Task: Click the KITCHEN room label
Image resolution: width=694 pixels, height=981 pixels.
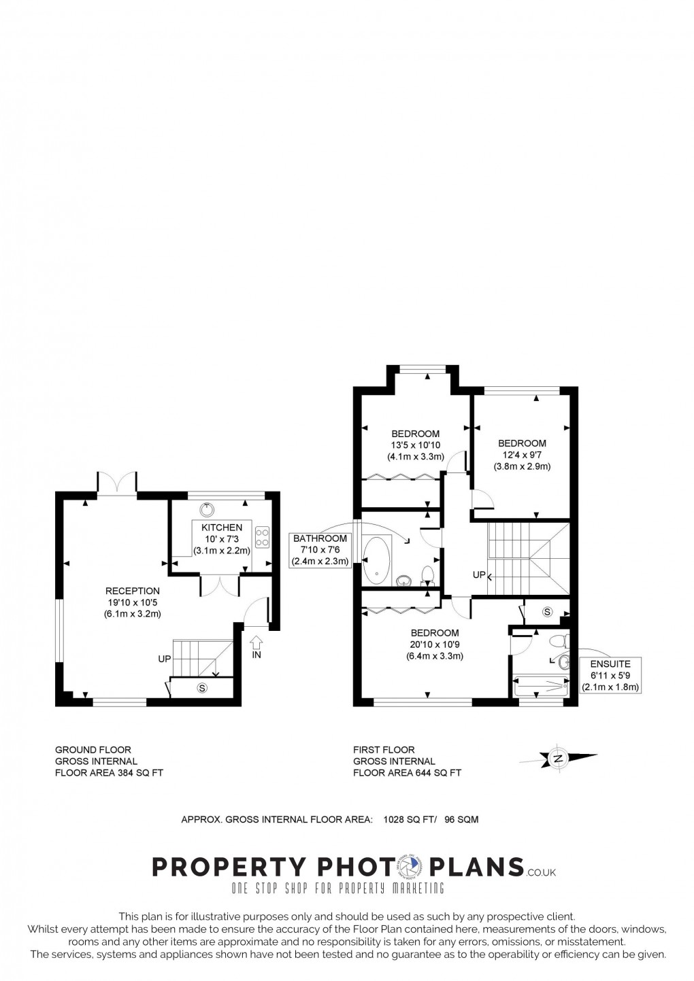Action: tap(221, 527)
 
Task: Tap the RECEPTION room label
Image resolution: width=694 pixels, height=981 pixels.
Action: tap(133, 591)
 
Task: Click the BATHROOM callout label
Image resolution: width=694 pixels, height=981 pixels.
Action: tap(320, 538)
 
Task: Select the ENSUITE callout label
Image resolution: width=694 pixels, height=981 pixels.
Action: tap(610, 664)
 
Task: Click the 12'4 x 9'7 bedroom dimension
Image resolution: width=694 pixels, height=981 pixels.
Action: tap(522, 455)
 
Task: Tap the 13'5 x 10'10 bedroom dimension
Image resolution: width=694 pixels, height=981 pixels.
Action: tap(416, 445)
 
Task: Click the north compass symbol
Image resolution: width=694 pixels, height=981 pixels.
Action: tap(558, 759)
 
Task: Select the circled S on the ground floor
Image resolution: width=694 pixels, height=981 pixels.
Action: tap(201, 687)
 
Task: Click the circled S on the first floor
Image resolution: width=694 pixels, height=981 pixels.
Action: tap(548, 612)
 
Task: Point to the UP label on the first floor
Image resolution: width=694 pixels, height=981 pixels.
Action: tap(479, 575)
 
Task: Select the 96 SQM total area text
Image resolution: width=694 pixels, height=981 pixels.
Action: tap(461, 819)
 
